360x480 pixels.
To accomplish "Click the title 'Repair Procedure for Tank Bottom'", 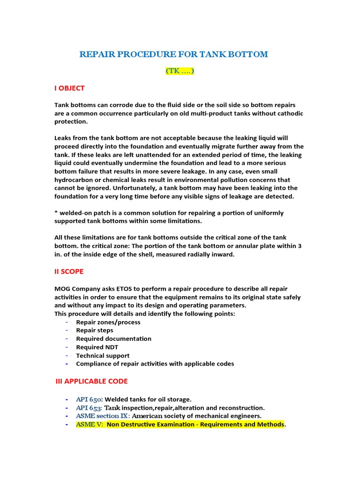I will coord(174,54).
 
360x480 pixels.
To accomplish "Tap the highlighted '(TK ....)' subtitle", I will coord(180,71).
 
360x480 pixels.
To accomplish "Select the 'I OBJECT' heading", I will coord(70,88).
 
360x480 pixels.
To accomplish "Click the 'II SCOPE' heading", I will coord(69,271).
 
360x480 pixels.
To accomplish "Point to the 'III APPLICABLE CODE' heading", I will coord(92,381).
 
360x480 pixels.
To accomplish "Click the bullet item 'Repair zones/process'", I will coord(108,322).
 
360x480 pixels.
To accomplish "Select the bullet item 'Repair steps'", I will coord(95,330).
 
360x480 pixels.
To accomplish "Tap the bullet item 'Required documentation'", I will coord(114,339).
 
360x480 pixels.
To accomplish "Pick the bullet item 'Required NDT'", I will coord(97,347).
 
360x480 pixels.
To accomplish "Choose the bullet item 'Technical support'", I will coord(103,356).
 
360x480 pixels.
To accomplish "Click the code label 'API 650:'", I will coord(89,399).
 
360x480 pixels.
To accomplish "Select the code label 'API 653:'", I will coord(89,408).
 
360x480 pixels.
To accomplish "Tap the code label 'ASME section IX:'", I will coord(103,416).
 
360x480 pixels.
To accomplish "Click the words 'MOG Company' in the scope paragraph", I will coord(75,289).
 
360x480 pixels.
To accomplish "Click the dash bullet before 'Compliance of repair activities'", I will coord(67,364).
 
